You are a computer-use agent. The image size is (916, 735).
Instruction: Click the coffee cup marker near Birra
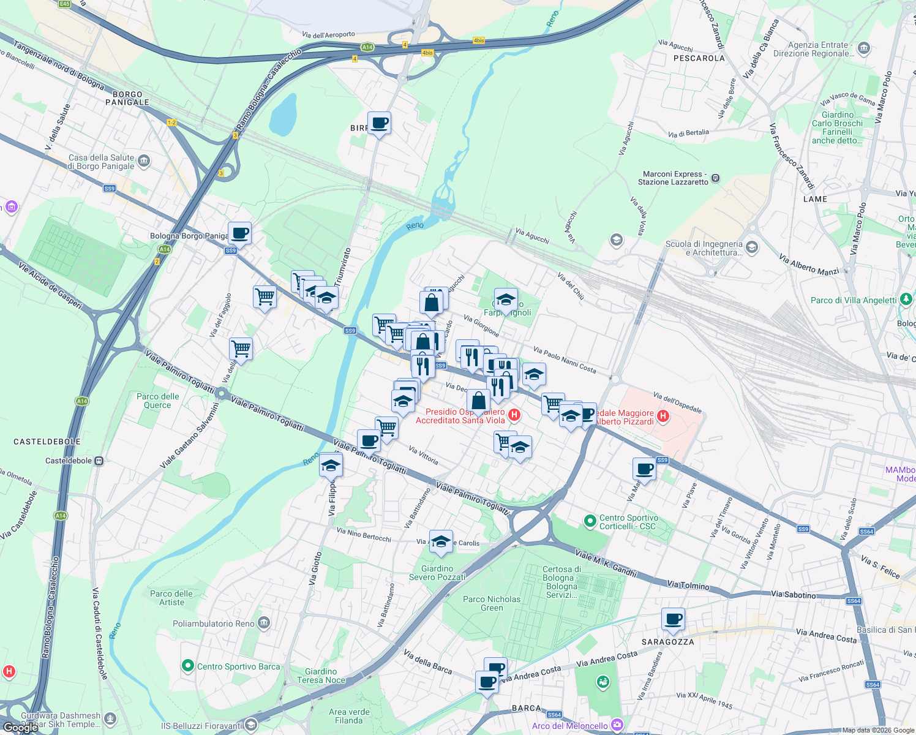click(x=379, y=123)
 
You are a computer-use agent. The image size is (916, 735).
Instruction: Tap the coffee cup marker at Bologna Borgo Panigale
click(x=239, y=233)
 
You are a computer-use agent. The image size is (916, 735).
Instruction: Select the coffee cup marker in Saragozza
click(x=673, y=619)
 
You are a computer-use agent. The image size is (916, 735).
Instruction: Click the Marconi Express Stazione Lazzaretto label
click(x=673, y=178)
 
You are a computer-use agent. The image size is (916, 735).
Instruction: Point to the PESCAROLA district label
click(x=699, y=58)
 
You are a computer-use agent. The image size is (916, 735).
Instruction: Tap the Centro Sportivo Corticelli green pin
click(x=590, y=521)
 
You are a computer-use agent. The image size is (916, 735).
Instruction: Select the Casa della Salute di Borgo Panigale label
click(x=101, y=162)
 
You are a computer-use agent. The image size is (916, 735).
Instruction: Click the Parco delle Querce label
click(x=158, y=401)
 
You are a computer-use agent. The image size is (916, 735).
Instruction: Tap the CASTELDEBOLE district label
click(x=47, y=441)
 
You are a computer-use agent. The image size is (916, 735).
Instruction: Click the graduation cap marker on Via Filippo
click(x=331, y=466)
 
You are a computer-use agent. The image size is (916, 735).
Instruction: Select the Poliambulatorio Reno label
click(x=214, y=624)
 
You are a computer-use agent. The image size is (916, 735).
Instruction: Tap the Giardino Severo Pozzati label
click(x=437, y=573)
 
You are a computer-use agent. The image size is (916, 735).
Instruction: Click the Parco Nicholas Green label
click(x=492, y=603)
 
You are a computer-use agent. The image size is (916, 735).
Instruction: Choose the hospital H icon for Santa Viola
click(x=514, y=415)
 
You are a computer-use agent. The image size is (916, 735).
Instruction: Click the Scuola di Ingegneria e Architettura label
click(x=704, y=248)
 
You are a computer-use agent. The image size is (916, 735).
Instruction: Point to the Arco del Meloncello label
click(x=570, y=726)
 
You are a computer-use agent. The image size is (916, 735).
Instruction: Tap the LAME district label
click(x=815, y=199)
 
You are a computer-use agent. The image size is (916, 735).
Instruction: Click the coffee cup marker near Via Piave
click(x=644, y=469)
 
